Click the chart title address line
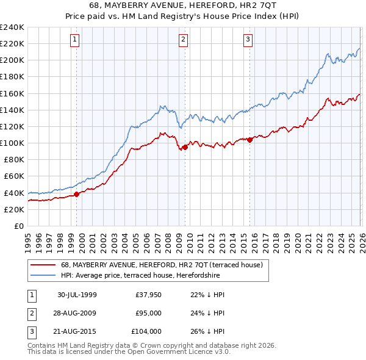(184, 4)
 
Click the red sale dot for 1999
(77, 195)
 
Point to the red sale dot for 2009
(185, 147)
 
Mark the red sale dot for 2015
(250, 140)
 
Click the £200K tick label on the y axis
(12, 60)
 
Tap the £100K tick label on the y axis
(12, 143)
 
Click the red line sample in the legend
(43, 265)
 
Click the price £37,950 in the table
(148, 295)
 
